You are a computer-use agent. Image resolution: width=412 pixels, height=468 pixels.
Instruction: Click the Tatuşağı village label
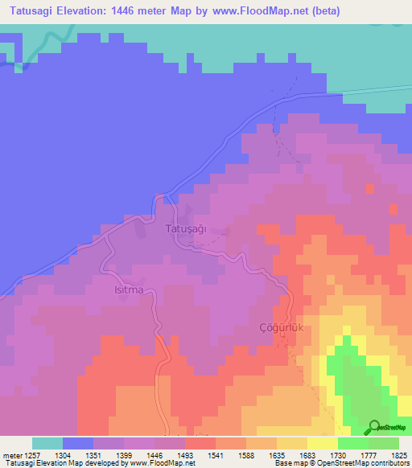(x=186, y=229)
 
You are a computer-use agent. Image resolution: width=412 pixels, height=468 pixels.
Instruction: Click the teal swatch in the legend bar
(x=47, y=443)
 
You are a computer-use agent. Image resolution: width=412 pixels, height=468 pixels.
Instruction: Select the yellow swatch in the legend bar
(x=323, y=443)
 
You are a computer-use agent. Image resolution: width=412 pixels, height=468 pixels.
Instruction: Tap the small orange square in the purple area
(x=370, y=189)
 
